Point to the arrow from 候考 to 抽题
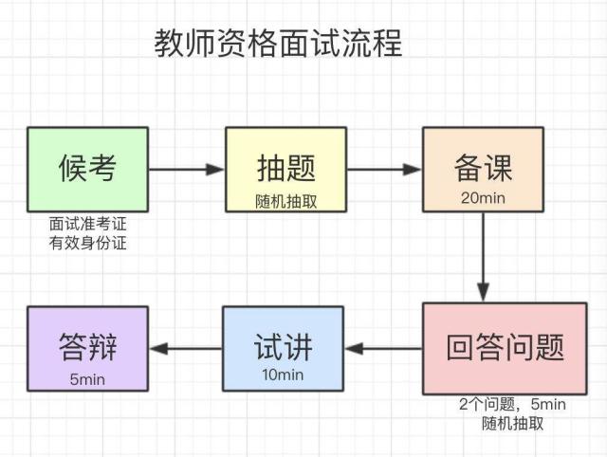point(187,171)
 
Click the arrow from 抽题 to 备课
point(384,171)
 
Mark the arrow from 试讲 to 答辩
point(186,348)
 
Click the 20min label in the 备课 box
point(483,198)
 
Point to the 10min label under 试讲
point(283,375)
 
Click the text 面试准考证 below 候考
point(87,225)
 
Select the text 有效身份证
point(87,243)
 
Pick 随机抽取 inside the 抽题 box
point(285,200)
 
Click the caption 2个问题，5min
point(512,405)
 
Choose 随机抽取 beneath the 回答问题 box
point(512,423)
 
